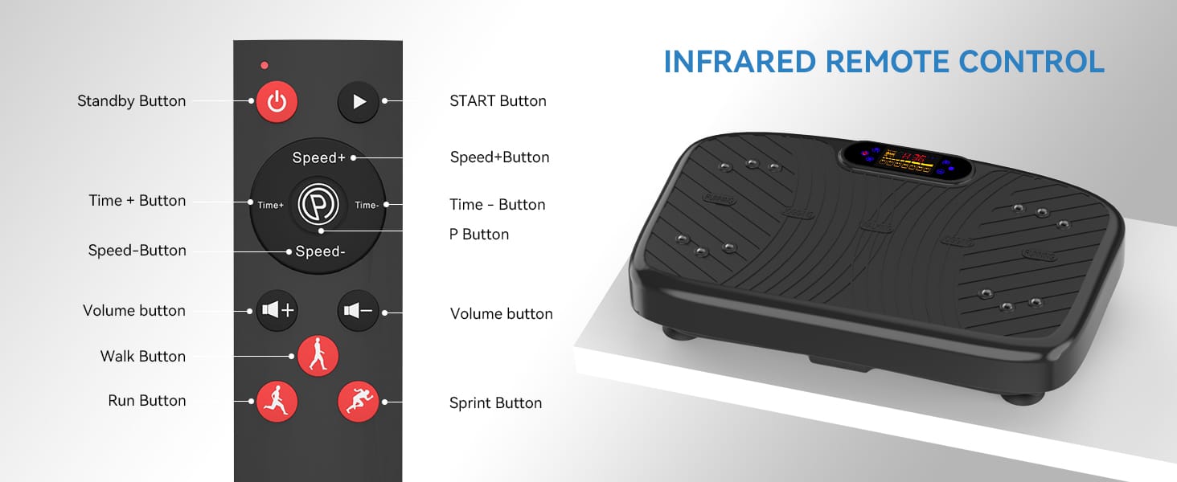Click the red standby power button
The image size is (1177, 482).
[x=277, y=102]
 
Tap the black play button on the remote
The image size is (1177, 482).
[x=359, y=102]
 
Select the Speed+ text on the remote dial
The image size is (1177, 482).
[x=318, y=157]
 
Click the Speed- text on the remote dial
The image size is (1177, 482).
[x=320, y=251]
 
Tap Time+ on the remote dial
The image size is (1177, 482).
[x=270, y=205]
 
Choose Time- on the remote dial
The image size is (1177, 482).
[x=367, y=205]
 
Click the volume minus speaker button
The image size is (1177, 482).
[x=358, y=311]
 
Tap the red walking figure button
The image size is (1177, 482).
[x=318, y=355]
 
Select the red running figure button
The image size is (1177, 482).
[x=277, y=400]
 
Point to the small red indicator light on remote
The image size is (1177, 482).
[x=265, y=65]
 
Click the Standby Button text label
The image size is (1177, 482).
[x=131, y=101]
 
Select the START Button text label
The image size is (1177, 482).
[x=498, y=101]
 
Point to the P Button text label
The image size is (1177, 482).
[x=479, y=235]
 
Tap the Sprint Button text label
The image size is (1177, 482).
[x=495, y=403]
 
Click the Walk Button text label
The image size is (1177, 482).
[x=142, y=357]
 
